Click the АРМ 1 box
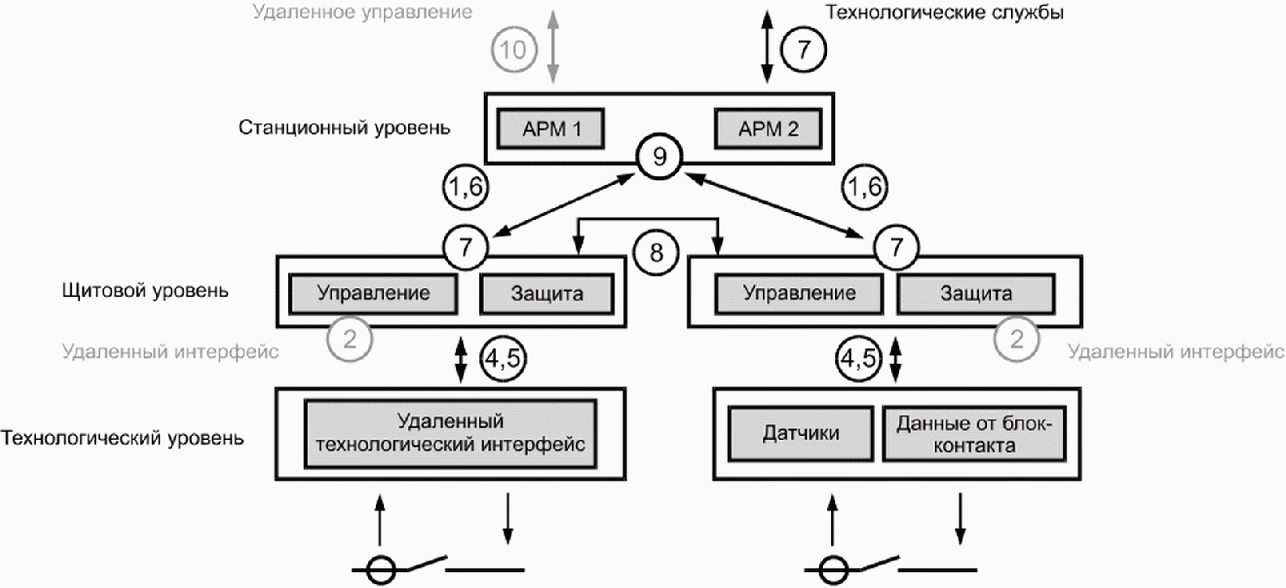(551, 128)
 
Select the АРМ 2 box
(768, 128)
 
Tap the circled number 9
(659, 157)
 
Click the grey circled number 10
(514, 50)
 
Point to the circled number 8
(656, 252)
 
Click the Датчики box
(801, 433)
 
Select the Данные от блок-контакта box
(974, 434)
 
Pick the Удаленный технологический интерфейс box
(450, 434)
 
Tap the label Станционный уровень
(345, 128)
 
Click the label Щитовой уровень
(145, 290)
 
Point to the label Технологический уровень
(122, 438)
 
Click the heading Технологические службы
(945, 12)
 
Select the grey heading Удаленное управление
(363, 12)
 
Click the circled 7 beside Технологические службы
(804, 50)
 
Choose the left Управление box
(373, 294)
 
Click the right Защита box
(976, 294)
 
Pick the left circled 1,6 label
(465, 187)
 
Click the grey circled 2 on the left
(349, 339)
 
